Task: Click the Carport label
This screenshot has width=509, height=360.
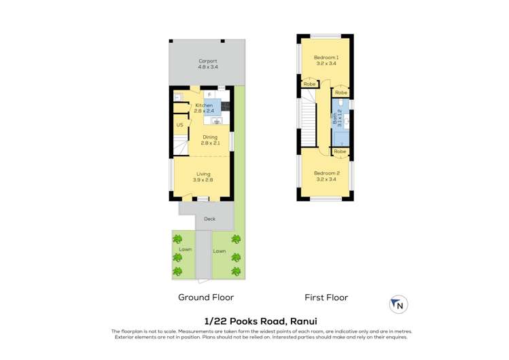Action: pyautogui.click(x=208, y=61)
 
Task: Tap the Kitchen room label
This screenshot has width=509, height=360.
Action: pyautogui.click(x=204, y=105)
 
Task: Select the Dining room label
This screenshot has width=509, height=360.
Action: pyautogui.click(x=210, y=137)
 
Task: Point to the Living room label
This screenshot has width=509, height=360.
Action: pyautogui.click(x=203, y=174)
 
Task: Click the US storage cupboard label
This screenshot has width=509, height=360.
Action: pyautogui.click(x=179, y=125)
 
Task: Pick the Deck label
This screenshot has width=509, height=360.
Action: pyautogui.click(x=210, y=219)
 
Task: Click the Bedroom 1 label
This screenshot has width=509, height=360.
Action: pyautogui.click(x=326, y=58)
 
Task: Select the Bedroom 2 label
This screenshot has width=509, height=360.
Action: pyautogui.click(x=327, y=173)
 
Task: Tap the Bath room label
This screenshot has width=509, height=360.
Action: pyautogui.click(x=334, y=118)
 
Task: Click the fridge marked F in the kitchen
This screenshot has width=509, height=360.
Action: pyautogui.click(x=209, y=94)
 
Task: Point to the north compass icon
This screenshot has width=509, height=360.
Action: pyautogui.click(x=399, y=304)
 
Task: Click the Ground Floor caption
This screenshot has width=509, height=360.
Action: pyautogui.click(x=206, y=298)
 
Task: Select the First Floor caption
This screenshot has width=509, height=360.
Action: pyautogui.click(x=326, y=298)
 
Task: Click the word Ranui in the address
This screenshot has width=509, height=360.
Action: pyautogui.click(x=304, y=321)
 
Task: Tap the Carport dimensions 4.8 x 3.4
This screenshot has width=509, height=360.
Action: pyautogui.click(x=208, y=67)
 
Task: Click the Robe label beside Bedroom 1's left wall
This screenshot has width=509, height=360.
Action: pyautogui.click(x=309, y=84)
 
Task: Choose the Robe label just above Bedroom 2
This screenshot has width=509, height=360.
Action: pyautogui.click(x=340, y=151)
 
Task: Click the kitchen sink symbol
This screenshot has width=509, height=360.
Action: pyautogui.click(x=217, y=121)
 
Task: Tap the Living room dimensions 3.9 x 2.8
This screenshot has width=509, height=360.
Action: pyautogui.click(x=203, y=180)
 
